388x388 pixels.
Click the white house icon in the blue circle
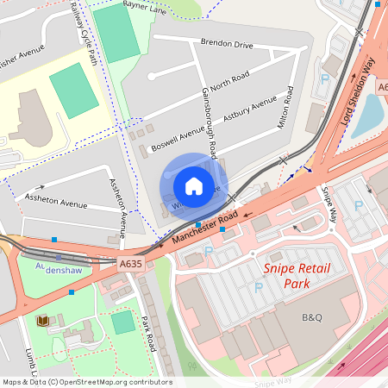coord(194,185)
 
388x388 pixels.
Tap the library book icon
coord(42,321)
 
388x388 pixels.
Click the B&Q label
coord(312,317)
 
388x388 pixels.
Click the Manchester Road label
coord(204,228)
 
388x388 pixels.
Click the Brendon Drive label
coord(227,42)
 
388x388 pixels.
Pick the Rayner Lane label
coord(142,4)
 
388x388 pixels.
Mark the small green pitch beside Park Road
coord(123,322)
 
